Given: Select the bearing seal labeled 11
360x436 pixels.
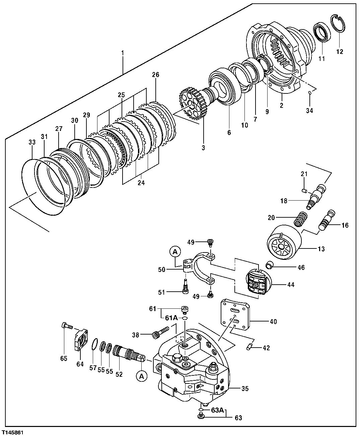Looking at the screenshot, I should point(322,32).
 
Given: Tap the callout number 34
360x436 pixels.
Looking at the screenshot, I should point(310,111).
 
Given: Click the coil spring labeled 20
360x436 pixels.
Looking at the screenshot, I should point(300,219).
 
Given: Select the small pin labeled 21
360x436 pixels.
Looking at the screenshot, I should point(304,191).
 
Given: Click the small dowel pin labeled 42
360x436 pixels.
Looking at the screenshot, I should point(248,348).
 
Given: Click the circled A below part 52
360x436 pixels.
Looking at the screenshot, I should point(142,376).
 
